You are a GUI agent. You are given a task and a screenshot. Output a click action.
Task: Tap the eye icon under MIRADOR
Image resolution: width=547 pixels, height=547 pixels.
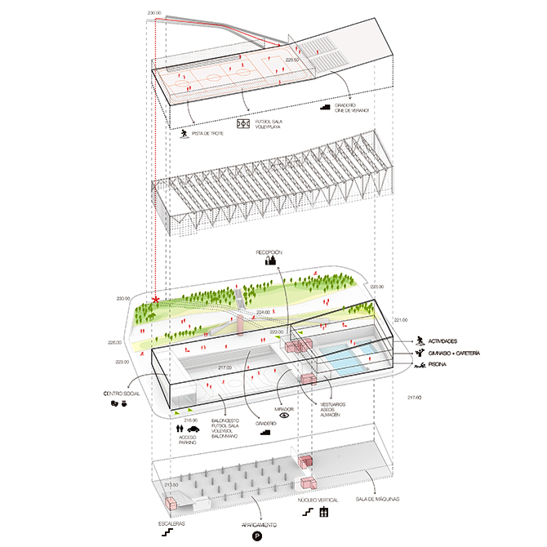284,415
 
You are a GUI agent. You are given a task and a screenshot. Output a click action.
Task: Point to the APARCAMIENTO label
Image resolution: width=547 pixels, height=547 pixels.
258,524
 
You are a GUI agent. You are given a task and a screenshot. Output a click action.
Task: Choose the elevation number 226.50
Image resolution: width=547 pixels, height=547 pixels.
292,60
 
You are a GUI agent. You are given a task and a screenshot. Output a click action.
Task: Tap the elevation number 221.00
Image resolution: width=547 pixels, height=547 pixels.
399,319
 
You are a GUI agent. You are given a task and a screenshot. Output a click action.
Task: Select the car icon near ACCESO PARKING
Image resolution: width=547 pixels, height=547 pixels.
193,429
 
